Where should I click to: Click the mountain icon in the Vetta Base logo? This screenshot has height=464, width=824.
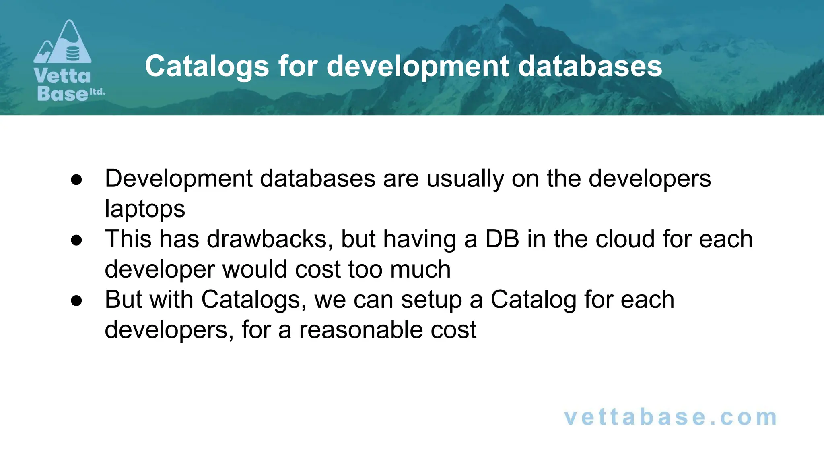coord(63,43)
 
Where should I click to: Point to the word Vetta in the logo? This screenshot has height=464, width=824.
coord(62,76)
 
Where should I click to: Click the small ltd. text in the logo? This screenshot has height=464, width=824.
coord(97,92)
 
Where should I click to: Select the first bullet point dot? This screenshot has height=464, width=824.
coord(76,180)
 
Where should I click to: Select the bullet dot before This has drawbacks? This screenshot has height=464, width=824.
coord(76,240)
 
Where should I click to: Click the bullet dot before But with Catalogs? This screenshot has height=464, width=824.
coord(76,301)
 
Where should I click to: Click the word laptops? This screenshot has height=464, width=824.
coord(145,209)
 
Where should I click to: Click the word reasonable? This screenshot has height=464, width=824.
coord(361,330)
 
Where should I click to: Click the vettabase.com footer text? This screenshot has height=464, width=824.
coord(670,417)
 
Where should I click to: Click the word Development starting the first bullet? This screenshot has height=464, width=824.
coord(179,179)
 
